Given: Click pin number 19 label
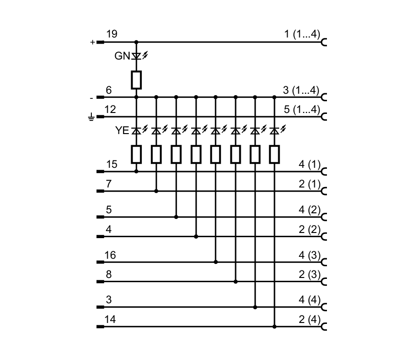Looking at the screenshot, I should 111,34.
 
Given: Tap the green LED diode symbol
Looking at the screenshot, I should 136,56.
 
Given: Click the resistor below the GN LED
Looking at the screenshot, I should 136,80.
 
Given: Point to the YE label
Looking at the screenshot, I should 122,130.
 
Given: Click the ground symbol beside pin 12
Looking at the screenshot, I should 91,117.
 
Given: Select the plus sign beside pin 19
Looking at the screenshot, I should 92,42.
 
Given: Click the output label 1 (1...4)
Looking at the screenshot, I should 302,34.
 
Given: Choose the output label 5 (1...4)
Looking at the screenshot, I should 302,109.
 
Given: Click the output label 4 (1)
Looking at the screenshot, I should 309,164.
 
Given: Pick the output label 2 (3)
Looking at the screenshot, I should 309,274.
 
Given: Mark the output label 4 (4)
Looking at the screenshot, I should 309,300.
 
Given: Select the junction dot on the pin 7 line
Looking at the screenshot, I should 156,191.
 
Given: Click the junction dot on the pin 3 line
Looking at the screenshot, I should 255,307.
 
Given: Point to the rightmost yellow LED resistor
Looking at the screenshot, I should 274,154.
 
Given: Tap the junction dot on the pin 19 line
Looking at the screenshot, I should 136,42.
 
